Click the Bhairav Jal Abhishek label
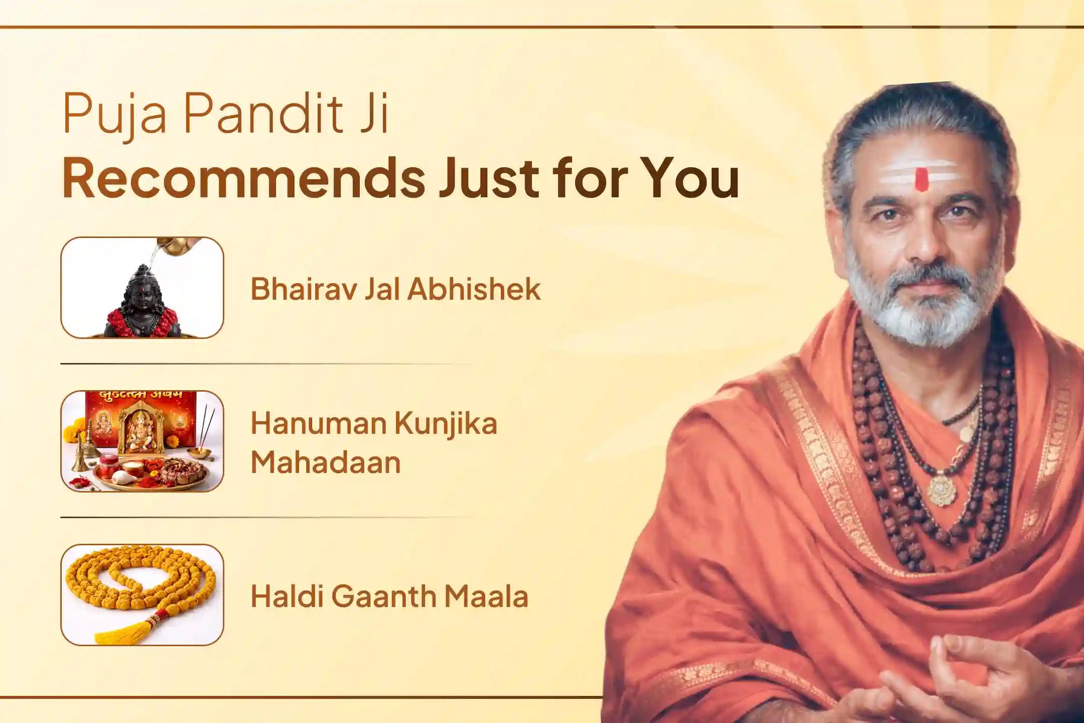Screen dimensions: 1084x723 [395, 289]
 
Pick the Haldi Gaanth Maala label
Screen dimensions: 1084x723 [389, 596]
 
